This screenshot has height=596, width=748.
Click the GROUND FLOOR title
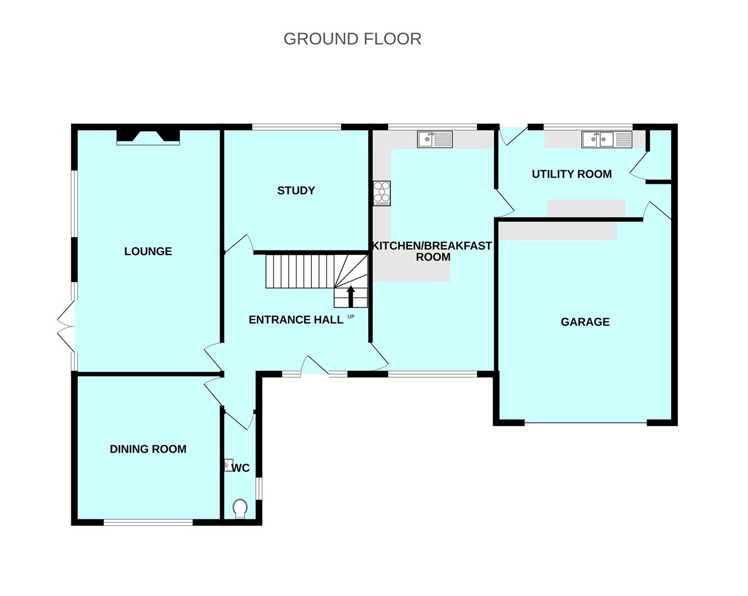coord(352,39)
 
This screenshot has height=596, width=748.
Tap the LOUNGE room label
coord(148,252)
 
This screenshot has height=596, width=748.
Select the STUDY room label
coord(296,191)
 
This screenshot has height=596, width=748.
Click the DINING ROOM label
coord(148,449)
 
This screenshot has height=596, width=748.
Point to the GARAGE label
coord(585,322)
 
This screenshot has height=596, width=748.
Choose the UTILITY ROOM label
coord(571,174)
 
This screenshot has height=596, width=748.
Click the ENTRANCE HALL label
coord(296,320)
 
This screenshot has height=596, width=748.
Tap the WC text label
coord(241,469)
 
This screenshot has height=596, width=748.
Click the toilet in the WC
coord(240,508)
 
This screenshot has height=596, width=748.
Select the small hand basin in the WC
coord(229,465)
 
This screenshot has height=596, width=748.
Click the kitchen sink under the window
coord(435,139)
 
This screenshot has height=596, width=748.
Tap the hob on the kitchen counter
coord(381,193)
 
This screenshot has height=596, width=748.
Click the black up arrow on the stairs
coord(351,296)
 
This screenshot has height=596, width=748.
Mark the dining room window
coord(148,521)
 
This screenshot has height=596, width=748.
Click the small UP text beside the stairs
coord(351,317)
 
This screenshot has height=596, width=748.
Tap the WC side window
coord(258,488)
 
